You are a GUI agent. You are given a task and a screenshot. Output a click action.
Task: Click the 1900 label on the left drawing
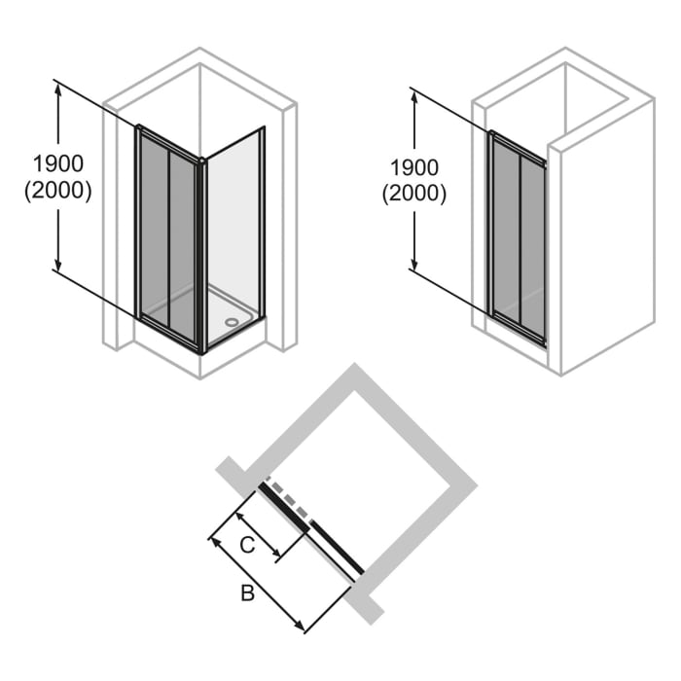tap(57, 162)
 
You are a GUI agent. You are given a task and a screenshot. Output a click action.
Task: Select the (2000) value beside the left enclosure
tap(57, 191)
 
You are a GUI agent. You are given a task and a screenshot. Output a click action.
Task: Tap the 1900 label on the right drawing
tap(413, 167)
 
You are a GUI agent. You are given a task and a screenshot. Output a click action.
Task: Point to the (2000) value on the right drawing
tap(413, 194)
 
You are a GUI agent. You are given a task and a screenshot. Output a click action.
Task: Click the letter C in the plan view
tap(247, 545)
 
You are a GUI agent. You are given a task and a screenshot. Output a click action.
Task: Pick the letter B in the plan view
tap(247, 593)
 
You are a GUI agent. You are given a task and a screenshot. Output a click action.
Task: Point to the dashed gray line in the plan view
tap(289, 497)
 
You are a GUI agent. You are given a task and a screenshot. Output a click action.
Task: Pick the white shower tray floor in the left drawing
tap(219, 309)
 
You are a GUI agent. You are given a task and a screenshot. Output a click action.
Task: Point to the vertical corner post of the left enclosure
tap(202, 253)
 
